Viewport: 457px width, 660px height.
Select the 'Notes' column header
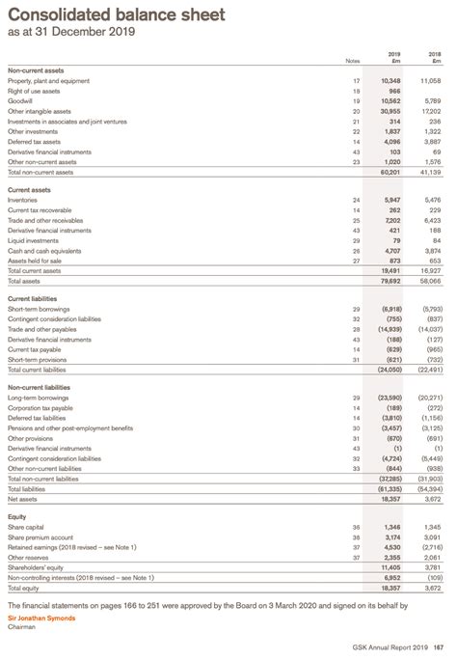pyautogui.click(x=352, y=62)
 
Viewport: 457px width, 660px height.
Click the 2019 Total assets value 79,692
pyautogui.click(x=388, y=281)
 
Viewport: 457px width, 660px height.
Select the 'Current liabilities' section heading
pyautogui.click(x=32, y=299)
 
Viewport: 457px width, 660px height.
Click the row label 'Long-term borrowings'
pyautogui.click(x=37, y=398)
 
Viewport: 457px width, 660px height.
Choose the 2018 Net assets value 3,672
pyautogui.click(x=430, y=498)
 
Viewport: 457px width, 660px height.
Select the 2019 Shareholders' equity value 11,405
pyautogui.click(x=388, y=568)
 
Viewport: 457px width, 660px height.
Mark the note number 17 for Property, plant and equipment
pyautogui.click(x=357, y=80)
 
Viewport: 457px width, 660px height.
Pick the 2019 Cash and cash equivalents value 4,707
pyautogui.click(x=390, y=251)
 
